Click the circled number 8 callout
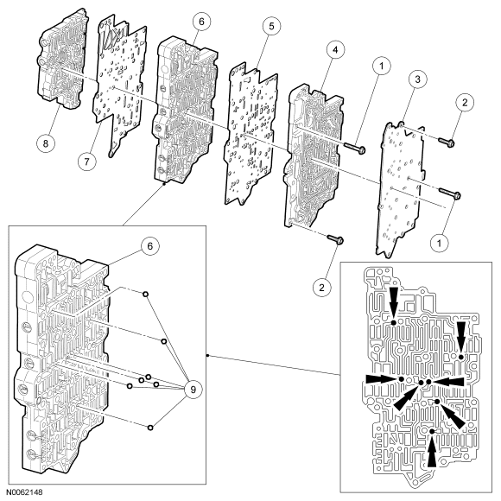click(46, 143)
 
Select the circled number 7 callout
click(87, 162)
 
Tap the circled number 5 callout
click(271, 26)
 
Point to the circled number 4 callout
click(335, 50)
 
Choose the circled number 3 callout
click(417, 79)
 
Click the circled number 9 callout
click(193, 390)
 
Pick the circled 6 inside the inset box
click(149, 246)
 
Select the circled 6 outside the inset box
click(201, 22)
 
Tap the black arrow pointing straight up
click(432, 451)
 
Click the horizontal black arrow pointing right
click(382, 379)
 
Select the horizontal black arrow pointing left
click(449, 382)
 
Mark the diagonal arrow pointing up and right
click(406, 398)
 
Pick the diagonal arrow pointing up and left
click(453, 416)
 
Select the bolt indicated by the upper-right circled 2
click(447, 143)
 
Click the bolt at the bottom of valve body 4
click(335, 238)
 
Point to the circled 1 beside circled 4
click(381, 67)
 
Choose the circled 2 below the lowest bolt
click(321, 288)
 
